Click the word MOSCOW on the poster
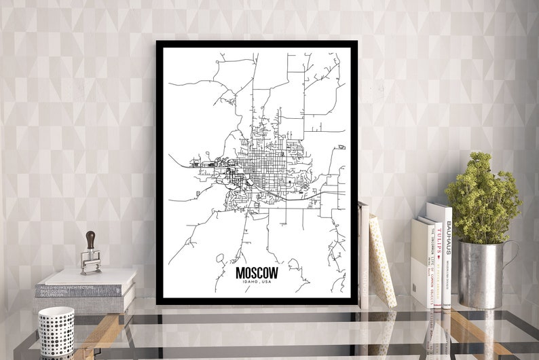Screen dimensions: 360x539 257,272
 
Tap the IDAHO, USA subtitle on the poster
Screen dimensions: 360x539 257,283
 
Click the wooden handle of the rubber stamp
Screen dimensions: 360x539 90,240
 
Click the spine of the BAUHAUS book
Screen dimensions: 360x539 447,255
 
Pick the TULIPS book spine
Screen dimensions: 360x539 438,262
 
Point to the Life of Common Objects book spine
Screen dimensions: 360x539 430,265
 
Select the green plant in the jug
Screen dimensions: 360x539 483,197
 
